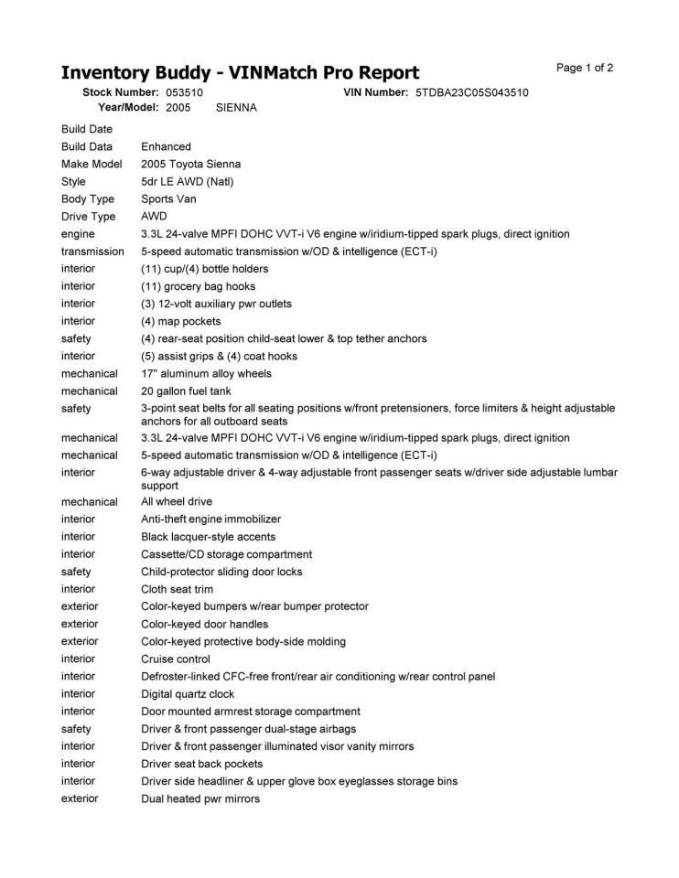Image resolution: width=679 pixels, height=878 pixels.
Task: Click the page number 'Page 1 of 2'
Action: (x=585, y=68)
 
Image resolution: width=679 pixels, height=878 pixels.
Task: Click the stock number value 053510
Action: (x=184, y=92)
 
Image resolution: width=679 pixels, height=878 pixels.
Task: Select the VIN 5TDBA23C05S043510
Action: (x=471, y=92)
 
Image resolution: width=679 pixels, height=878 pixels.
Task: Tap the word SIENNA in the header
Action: (x=236, y=107)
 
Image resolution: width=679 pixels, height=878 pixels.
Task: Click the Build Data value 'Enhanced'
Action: (x=166, y=146)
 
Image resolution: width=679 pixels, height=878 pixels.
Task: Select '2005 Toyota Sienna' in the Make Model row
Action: (x=190, y=164)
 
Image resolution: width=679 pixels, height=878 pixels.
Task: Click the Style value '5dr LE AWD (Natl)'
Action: (x=187, y=181)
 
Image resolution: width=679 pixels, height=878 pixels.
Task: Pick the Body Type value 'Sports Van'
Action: (x=168, y=198)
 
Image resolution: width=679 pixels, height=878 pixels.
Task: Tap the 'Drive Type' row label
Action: (x=88, y=217)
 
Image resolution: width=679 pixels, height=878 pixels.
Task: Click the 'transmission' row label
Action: (x=92, y=251)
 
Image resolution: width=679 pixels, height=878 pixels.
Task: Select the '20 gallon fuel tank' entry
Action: (x=187, y=391)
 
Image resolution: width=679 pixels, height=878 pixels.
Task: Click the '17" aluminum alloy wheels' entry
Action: (x=206, y=373)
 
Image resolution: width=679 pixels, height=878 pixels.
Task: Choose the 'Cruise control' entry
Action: (x=175, y=658)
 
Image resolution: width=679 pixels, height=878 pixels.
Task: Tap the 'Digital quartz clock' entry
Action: (x=188, y=693)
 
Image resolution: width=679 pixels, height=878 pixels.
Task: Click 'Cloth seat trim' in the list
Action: (x=178, y=589)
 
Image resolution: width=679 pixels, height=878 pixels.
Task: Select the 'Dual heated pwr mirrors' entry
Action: (x=199, y=798)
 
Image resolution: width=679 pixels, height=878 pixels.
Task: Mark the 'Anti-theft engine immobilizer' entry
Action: (x=210, y=519)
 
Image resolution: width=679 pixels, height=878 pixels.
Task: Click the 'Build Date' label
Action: (x=86, y=129)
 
